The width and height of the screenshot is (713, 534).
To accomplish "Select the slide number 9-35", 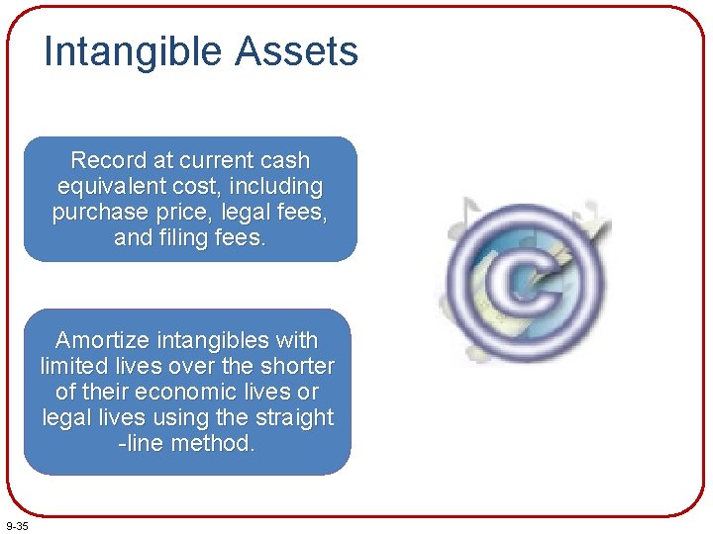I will [x=17, y=525].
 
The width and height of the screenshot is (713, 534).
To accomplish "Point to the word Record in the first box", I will [x=107, y=160].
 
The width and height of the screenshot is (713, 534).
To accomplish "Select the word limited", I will [x=77, y=366].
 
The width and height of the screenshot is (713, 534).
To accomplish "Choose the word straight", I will [x=295, y=417].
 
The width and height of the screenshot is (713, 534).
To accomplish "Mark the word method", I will [x=214, y=443].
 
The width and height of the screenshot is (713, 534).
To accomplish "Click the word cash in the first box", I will [x=284, y=160].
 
